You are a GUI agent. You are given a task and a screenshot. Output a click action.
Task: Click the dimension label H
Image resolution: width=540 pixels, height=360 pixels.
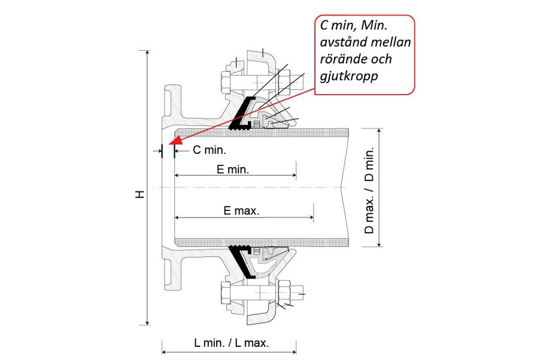pyautogui.click(x=139, y=194)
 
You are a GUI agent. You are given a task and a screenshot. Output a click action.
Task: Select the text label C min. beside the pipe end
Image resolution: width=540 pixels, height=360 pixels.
pyautogui.click(x=208, y=150)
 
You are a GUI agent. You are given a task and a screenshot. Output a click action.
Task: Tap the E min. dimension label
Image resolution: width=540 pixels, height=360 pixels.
pyautogui.click(x=232, y=169)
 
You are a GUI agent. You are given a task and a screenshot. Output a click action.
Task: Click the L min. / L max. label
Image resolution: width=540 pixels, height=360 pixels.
pyautogui.click(x=232, y=343)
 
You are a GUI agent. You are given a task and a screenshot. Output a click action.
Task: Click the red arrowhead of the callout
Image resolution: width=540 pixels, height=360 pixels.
pyautogui.click(x=174, y=143)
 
